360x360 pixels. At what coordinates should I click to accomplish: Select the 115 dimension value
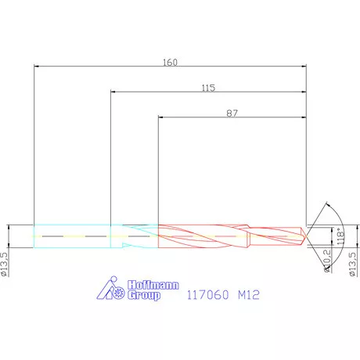(207, 88)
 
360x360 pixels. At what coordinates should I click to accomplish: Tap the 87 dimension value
(232, 113)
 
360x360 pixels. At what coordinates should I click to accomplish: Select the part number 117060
(208, 295)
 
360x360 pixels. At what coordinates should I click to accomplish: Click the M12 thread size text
(249, 295)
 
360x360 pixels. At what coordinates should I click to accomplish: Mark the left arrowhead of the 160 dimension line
(37, 68)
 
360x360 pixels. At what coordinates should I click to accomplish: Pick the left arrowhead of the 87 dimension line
(160, 119)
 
